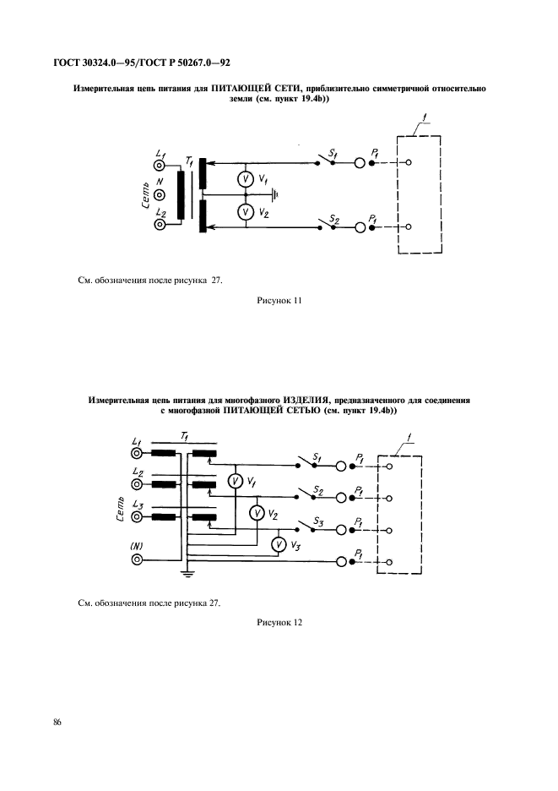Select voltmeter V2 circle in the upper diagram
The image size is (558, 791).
tap(245, 212)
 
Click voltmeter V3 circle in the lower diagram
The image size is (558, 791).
tap(279, 545)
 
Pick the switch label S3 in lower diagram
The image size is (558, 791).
tap(317, 522)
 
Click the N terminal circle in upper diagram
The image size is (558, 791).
tap(159, 196)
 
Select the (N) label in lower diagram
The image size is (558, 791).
tap(137, 545)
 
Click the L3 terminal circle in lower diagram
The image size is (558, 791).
tap(137, 517)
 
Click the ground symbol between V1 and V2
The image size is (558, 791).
tap(274, 194)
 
